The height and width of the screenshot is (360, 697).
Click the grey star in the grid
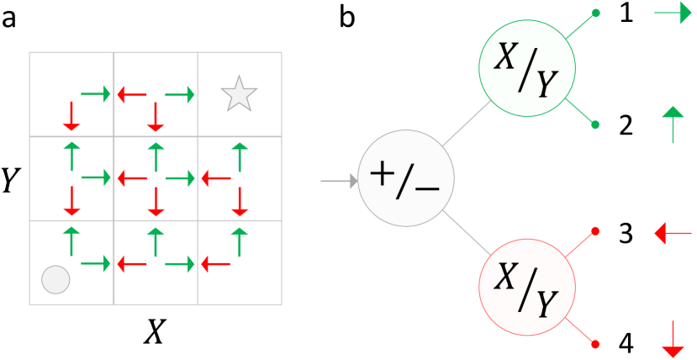(238, 94)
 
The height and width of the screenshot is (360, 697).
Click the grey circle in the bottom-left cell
(55, 278)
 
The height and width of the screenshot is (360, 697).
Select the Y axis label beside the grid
(10, 179)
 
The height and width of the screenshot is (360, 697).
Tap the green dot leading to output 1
(596, 13)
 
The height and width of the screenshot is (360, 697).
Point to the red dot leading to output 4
(596, 344)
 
